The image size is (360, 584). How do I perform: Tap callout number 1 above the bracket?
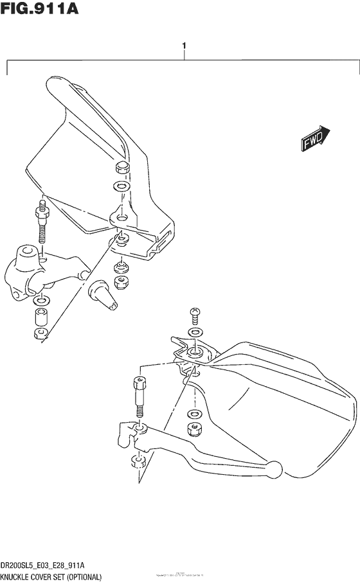click(184, 47)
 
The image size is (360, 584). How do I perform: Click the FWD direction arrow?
click(315, 138)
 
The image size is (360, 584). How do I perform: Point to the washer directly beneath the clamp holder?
click(40, 301)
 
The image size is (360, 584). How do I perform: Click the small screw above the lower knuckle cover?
click(195, 315)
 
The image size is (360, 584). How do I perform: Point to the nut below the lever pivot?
click(137, 461)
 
